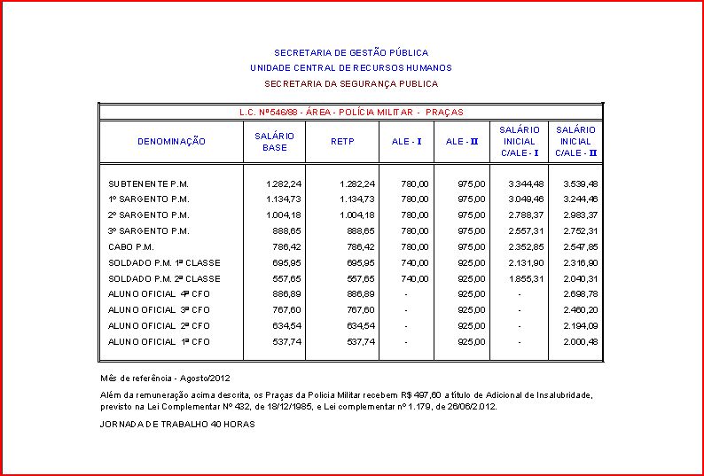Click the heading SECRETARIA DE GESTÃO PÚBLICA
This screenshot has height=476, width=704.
click(351, 53)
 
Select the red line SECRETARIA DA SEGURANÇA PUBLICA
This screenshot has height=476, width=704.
click(351, 84)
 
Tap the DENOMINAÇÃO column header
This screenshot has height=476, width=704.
click(171, 142)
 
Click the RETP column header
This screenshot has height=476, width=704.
click(342, 142)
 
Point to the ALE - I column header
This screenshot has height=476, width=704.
click(407, 142)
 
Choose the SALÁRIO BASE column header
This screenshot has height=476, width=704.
click(275, 142)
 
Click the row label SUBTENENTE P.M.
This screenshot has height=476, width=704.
click(149, 183)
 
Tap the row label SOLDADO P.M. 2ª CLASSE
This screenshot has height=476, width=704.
click(164, 279)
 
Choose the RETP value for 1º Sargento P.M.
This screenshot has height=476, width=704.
click(357, 199)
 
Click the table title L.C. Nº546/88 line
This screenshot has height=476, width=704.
click(351, 113)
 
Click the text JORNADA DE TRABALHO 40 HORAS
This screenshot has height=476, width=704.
click(178, 425)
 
